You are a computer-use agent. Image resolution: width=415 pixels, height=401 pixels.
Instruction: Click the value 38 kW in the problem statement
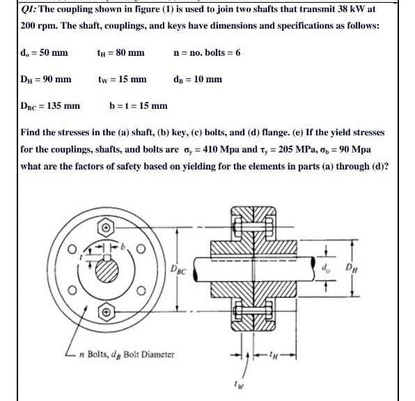[x=352, y=9]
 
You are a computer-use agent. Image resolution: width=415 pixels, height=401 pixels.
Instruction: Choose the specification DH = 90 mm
[x=42, y=79]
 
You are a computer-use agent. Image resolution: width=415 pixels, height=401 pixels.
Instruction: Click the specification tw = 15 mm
[x=122, y=79]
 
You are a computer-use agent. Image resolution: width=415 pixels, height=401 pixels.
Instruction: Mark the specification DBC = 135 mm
[x=48, y=106]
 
